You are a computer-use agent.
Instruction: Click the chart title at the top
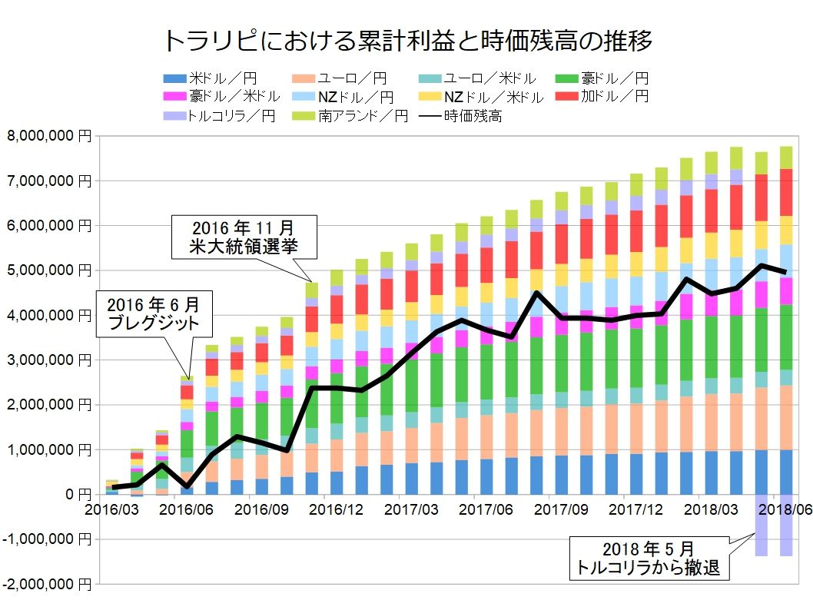pos(407,41)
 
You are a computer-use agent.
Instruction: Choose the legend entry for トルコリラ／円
pos(220,117)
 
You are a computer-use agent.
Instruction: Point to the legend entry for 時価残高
pos(461,117)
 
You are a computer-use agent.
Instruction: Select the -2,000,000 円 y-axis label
pos(46,585)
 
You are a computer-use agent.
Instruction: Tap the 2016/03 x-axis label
pos(107,508)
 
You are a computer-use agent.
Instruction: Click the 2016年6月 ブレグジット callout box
pos(154,312)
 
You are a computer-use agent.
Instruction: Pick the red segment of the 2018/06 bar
pos(787,192)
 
